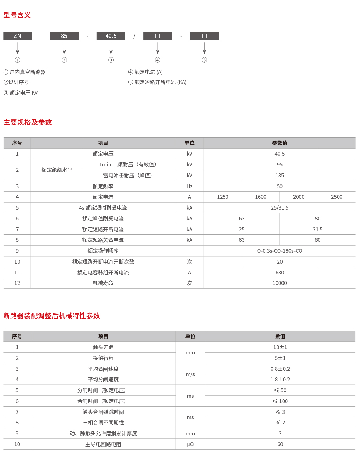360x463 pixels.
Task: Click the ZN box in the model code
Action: (x=18, y=36)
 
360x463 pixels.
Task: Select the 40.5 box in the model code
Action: (x=111, y=36)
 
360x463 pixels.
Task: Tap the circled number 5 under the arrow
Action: (x=204, y=60)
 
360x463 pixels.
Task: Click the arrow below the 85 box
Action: (x=64, y=48)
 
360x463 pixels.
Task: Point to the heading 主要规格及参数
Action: (x=28, y=122)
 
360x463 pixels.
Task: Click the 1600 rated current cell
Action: (x=260, y=197)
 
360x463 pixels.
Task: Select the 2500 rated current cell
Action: (x=337, y=197)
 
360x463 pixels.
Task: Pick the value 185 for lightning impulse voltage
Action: (x=279, y=176)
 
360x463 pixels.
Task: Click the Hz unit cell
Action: (x=189, y=186)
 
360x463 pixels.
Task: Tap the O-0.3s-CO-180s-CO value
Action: (x=279, y=251)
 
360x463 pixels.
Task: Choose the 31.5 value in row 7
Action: (x=318, y=230)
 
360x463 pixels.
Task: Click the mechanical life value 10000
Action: (x=279, y=283)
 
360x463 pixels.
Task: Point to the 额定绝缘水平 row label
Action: (x=57, y=170)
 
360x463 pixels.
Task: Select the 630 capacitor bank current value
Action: (x=279, y=273)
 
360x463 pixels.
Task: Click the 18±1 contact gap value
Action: (x=280, y=347)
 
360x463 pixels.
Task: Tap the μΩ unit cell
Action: (x=190, y=444)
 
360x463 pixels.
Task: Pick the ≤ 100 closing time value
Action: (x=280, y=401)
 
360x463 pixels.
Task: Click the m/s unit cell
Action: (x=190, y=374)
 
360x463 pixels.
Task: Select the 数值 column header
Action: (x=280, y=336)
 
